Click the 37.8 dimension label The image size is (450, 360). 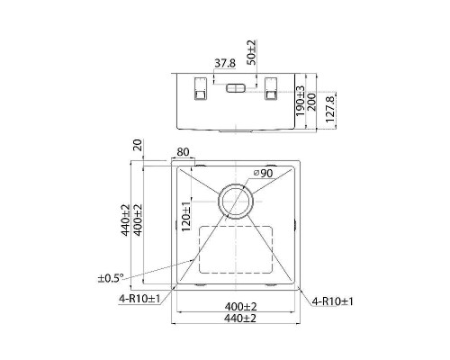tap(225, 64)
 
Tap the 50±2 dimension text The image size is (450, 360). tap(251, 52)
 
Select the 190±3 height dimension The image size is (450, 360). tap(300, 101)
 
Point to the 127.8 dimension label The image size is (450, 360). tap(329, 109)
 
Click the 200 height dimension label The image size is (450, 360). tap(310, 102)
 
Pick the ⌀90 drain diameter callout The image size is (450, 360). tap(263, 173)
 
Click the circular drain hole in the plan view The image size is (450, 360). tap(236, 202)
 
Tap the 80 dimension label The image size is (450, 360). tap(183, 152)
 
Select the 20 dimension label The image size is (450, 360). tap(138, 145)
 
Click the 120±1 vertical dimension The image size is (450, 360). tap(186, 216)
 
